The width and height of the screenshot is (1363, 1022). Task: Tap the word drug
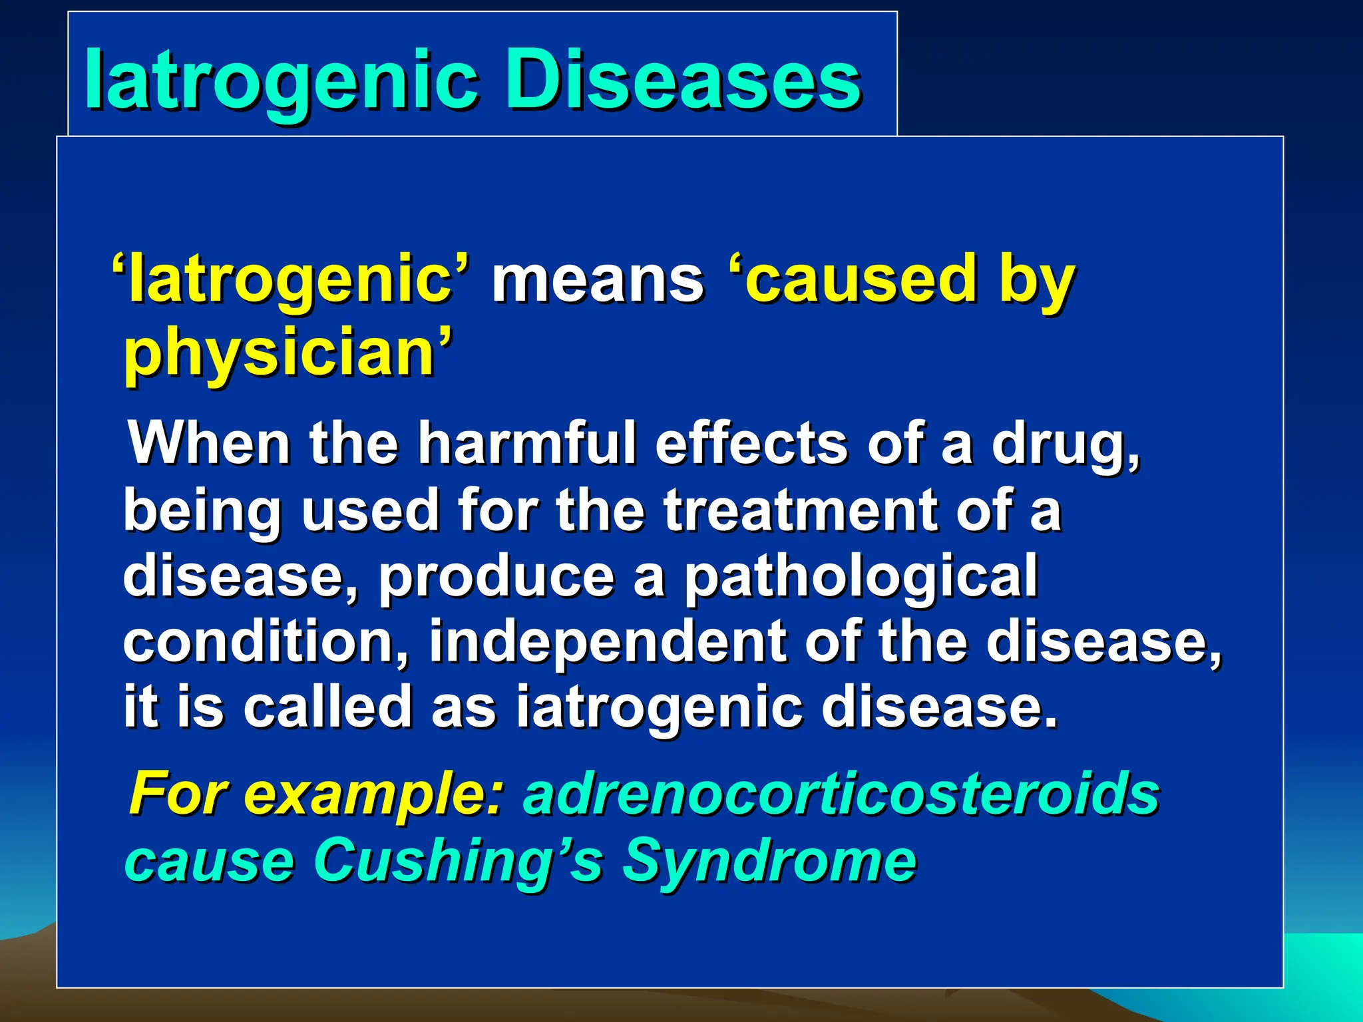coord(1065,444)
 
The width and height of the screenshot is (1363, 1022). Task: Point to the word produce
coord(496,576)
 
